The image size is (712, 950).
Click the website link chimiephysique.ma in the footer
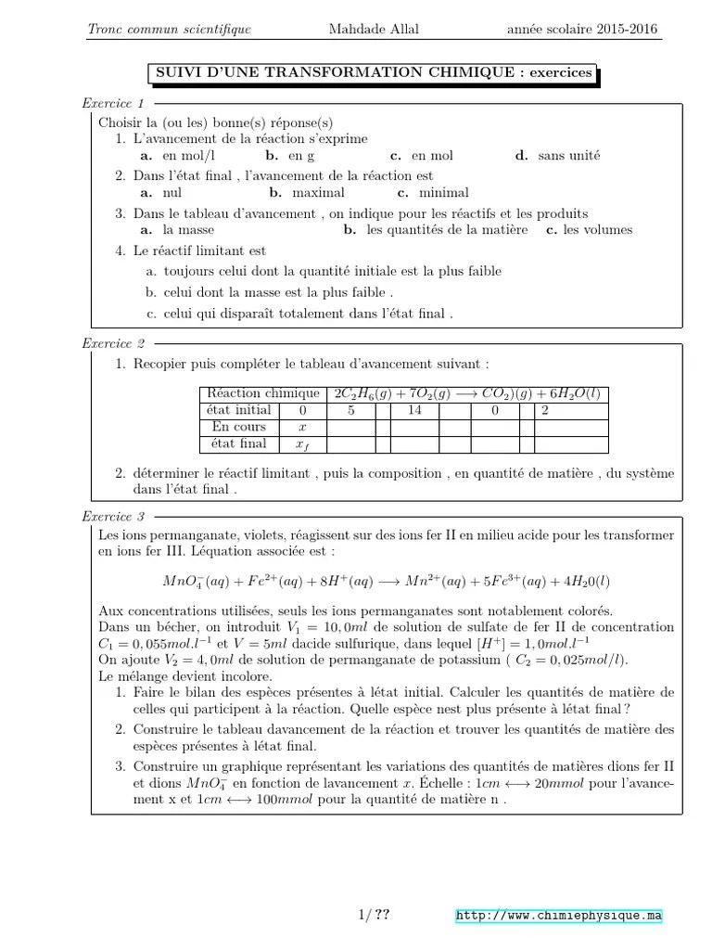560,916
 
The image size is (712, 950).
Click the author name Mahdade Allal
374,29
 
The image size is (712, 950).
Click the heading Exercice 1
113,103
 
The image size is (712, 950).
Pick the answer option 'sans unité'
569,156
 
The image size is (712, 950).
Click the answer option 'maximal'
318,193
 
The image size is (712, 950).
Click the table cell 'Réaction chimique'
263,393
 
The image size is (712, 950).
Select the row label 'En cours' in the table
238,427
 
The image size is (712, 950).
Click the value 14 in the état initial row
414,410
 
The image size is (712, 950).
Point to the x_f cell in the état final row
301,444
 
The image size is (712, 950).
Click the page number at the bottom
374,916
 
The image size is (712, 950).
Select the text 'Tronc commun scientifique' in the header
169,29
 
